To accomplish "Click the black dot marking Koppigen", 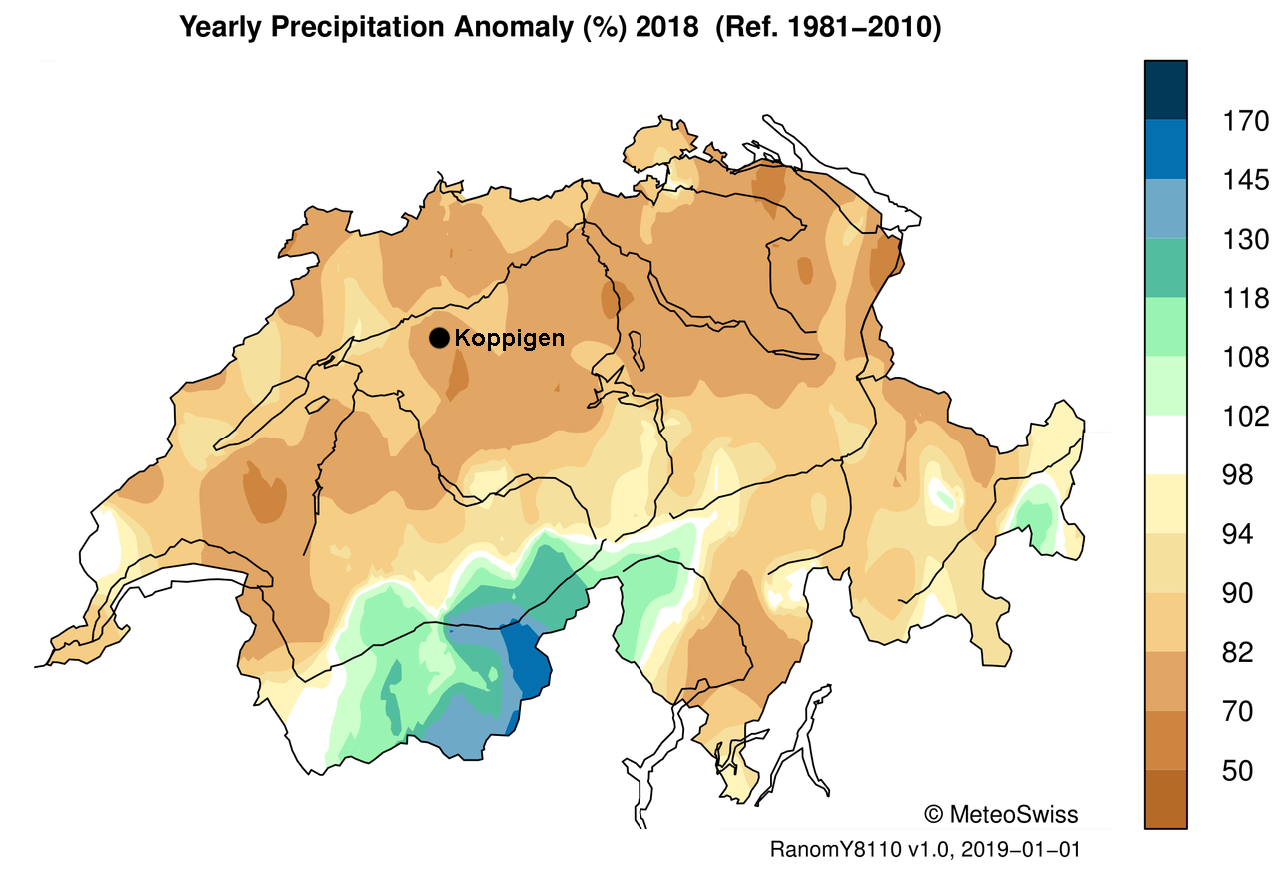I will [x=438, y=338].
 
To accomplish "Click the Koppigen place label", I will [x=509, y=338].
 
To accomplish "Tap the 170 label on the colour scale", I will [x=1246, y=122].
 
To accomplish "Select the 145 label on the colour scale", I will [x=1246, y=181].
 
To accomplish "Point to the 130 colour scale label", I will [x=1246, y=240].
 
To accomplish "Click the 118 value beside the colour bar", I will [x=1246, y=299].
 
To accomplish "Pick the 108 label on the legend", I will [x=1246, y=358].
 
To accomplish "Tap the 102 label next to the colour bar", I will [x=1246, y=417].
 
